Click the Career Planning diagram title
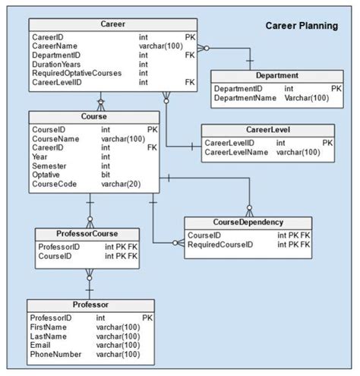302,26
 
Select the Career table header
113,24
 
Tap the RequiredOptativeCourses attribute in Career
77,73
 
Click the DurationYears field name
56,65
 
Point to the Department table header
277,75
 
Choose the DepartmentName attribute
245,98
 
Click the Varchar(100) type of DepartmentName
307,98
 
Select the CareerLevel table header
268,130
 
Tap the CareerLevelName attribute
236,152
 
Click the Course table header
94,116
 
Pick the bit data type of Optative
106,175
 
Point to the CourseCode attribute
54,184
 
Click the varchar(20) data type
121,184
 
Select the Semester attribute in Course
49,166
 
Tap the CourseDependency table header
248,222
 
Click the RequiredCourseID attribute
220,245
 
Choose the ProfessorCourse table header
87,233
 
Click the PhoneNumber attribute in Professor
55,354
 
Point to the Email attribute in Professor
40,345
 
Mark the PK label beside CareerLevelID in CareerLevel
327,143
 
